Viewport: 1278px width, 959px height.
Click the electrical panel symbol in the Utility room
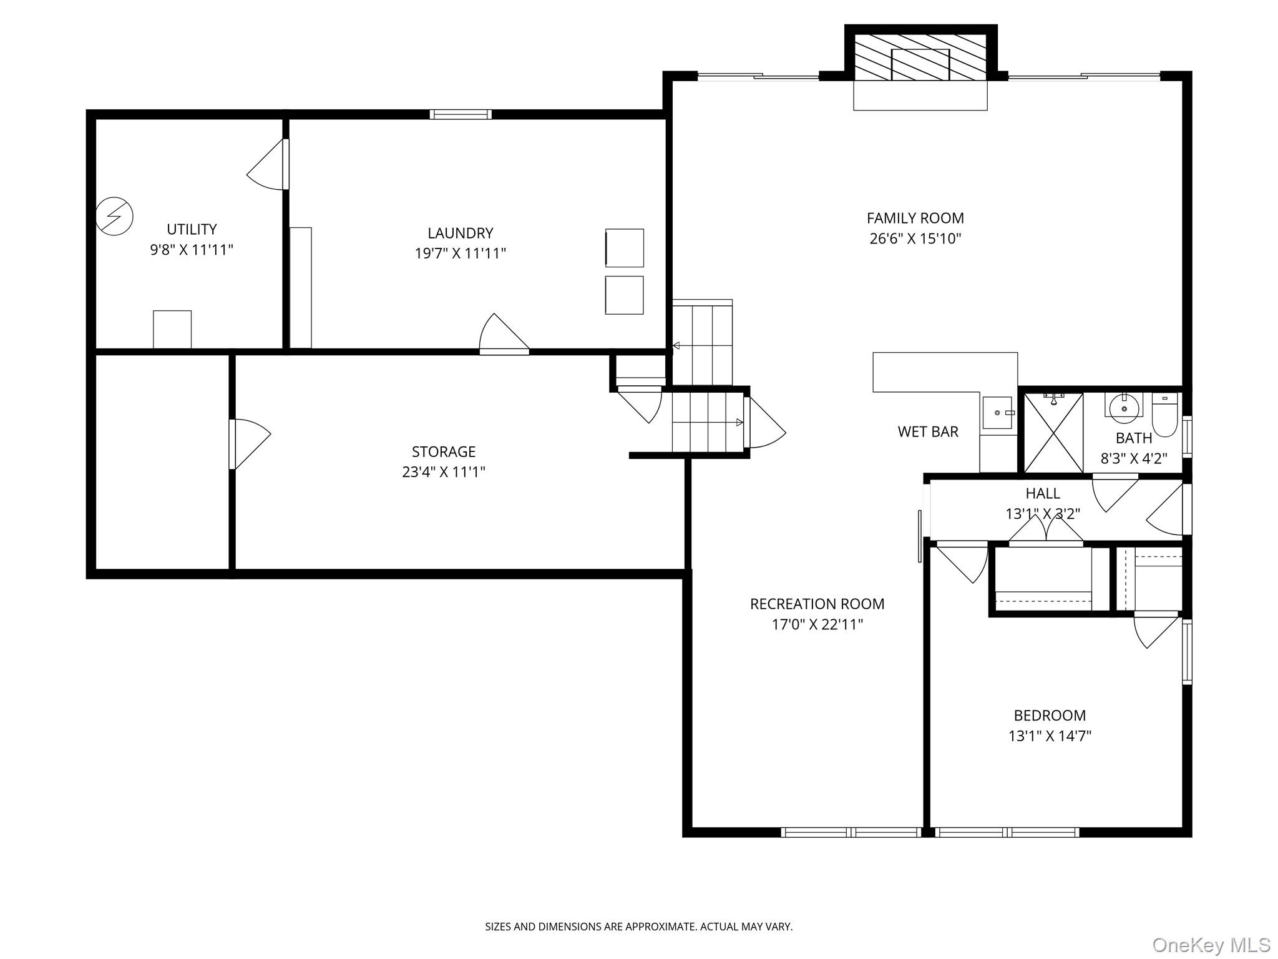coord(115,216)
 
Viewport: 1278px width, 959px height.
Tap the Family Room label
coord(915,218)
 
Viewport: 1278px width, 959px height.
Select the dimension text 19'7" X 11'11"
coord(460,253)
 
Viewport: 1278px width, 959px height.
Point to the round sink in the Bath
coord(1124,408)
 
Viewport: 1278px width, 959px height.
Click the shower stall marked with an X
coord(1053,432)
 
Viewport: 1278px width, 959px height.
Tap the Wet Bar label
coord(927,431)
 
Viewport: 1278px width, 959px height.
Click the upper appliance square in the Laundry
coord(624,248)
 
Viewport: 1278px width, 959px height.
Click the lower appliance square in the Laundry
coord(624,295)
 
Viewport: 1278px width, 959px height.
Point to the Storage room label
coord(443,451)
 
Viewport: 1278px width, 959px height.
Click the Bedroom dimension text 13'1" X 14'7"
coord(1050,735)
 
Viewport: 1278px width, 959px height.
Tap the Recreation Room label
coord(817,604)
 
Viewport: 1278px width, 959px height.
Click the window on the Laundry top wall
coord(461,114)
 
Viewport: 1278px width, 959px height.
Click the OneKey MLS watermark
coord(1211,944)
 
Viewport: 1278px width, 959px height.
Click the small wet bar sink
coord(997,413)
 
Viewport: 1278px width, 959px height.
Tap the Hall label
coord(1042,493)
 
